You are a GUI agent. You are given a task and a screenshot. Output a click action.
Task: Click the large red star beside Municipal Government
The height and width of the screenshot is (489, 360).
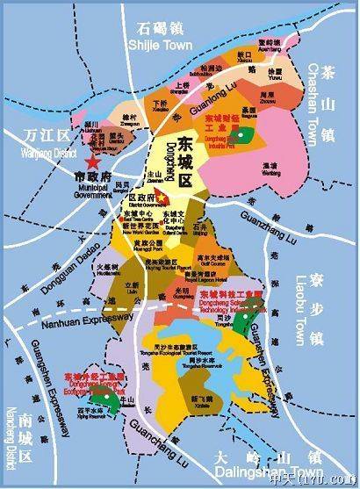click(x=90, y=161)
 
